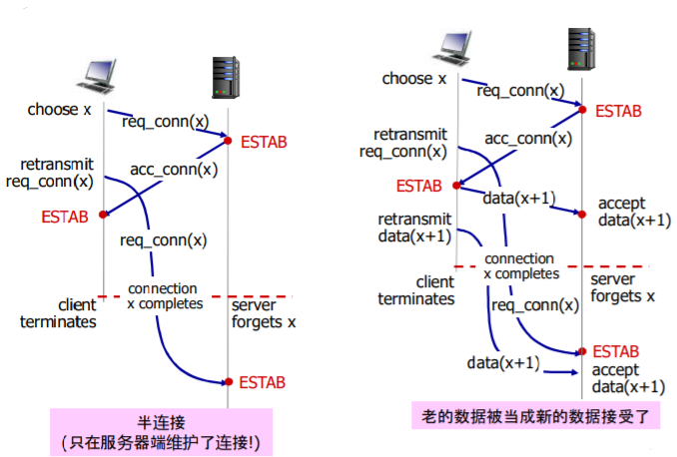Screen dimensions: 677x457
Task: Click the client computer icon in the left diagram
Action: (x=96, y=77)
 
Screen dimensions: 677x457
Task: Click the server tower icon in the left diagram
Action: (x=226, y=78)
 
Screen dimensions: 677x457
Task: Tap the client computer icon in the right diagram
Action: (x=452, y=48)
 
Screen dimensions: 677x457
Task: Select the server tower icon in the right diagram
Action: (x=581, y=49)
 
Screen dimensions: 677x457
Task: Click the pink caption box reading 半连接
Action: (x=162, y=432)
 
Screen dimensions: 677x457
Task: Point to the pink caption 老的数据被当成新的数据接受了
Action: (x=536, y=415)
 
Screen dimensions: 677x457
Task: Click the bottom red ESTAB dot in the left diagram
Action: (x=229, y=382)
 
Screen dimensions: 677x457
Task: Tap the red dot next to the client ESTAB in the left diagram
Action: (x=103, y=215)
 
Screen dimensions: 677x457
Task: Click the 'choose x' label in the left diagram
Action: (x=60, y=110)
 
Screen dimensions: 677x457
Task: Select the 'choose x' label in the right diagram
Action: (x=414, y=79)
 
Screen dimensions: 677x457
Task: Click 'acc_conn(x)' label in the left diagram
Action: (x=174, y=170)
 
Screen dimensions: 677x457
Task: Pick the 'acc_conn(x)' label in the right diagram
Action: (x=528, y=139)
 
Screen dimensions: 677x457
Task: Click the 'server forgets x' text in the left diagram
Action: (x=264, y=313)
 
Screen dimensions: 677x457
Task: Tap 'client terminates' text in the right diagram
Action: (x=416, y=290)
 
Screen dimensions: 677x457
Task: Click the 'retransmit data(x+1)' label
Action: (x=414, y=228)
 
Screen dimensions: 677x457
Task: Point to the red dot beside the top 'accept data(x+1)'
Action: (x=582, y=215)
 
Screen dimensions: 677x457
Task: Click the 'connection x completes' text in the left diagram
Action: (x=165, y=296)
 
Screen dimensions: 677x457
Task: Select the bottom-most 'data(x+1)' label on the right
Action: (x=503, y=363)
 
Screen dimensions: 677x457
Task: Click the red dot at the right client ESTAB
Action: (x=456, y=186)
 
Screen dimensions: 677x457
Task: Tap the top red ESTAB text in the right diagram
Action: (x=618, y=112)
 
